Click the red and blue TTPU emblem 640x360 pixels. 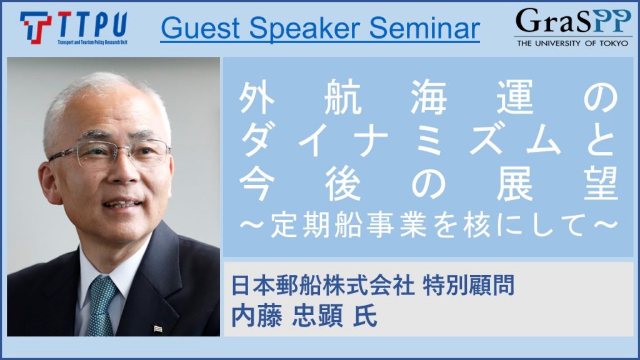point(36,27)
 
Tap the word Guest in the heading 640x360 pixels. point(201,27)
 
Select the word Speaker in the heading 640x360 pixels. point(304,29)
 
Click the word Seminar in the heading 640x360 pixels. point(424,27)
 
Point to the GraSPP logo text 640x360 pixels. point(573,21)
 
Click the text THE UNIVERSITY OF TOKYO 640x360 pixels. point(572,43)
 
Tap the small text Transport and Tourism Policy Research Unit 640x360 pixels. point(92,42)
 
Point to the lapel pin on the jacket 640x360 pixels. point(157,328)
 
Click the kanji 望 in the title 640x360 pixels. point(601,184)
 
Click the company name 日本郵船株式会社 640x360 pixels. point(323,285)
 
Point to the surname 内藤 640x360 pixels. point(256,317)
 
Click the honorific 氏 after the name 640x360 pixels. point(365,317)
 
